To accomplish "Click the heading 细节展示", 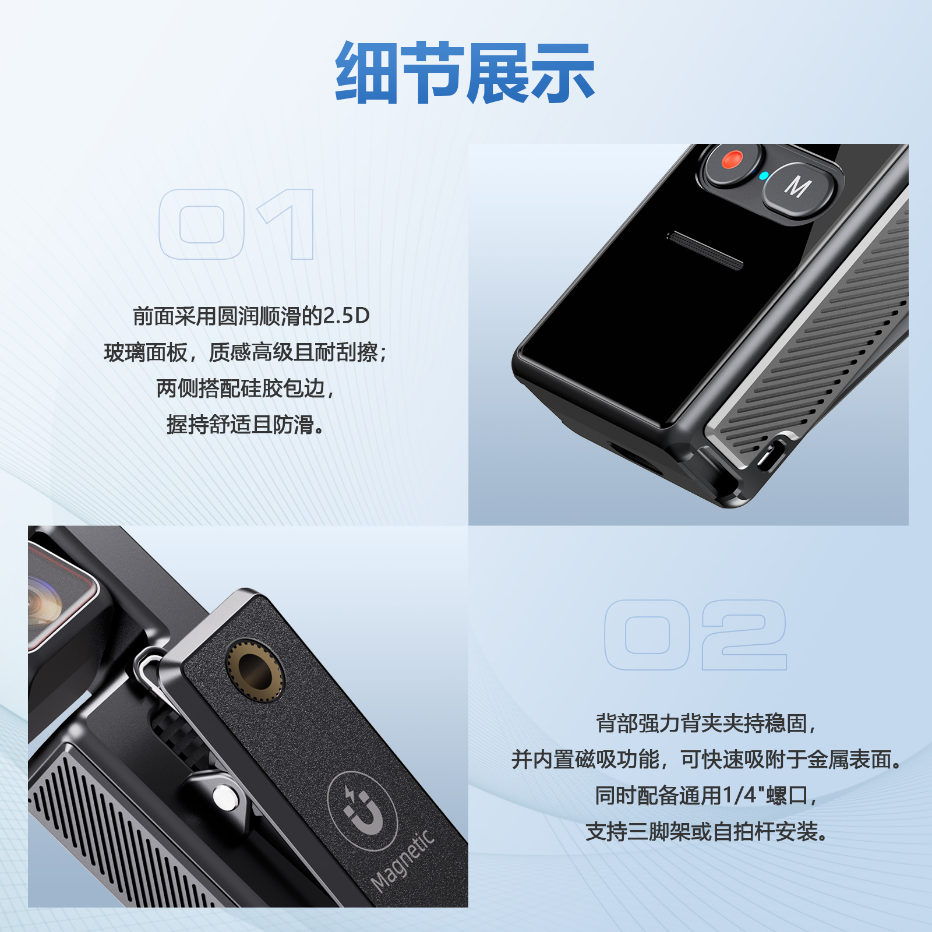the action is click(465, 73).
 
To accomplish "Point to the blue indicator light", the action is click(763, 175).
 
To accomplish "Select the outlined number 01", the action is click(236, 224).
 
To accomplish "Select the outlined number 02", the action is click(696, 635).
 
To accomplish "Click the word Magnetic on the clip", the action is click(403, 860).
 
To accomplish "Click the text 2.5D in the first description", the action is click(347, 316).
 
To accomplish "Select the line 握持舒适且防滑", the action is click(245, 425).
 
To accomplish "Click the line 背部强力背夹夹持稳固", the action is click(706, 723).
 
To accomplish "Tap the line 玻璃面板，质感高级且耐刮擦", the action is click(245, 352).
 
